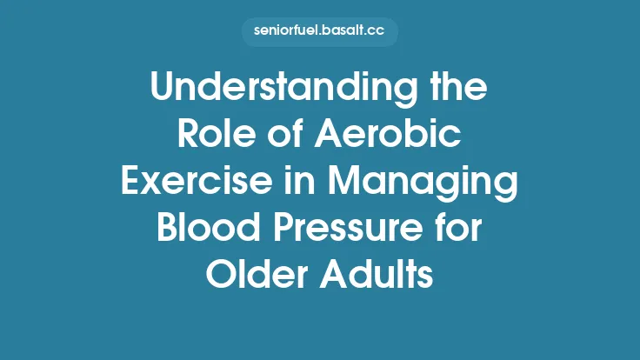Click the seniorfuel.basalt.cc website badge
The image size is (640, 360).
[320, 33]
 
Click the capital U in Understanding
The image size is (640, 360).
[162, 88]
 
